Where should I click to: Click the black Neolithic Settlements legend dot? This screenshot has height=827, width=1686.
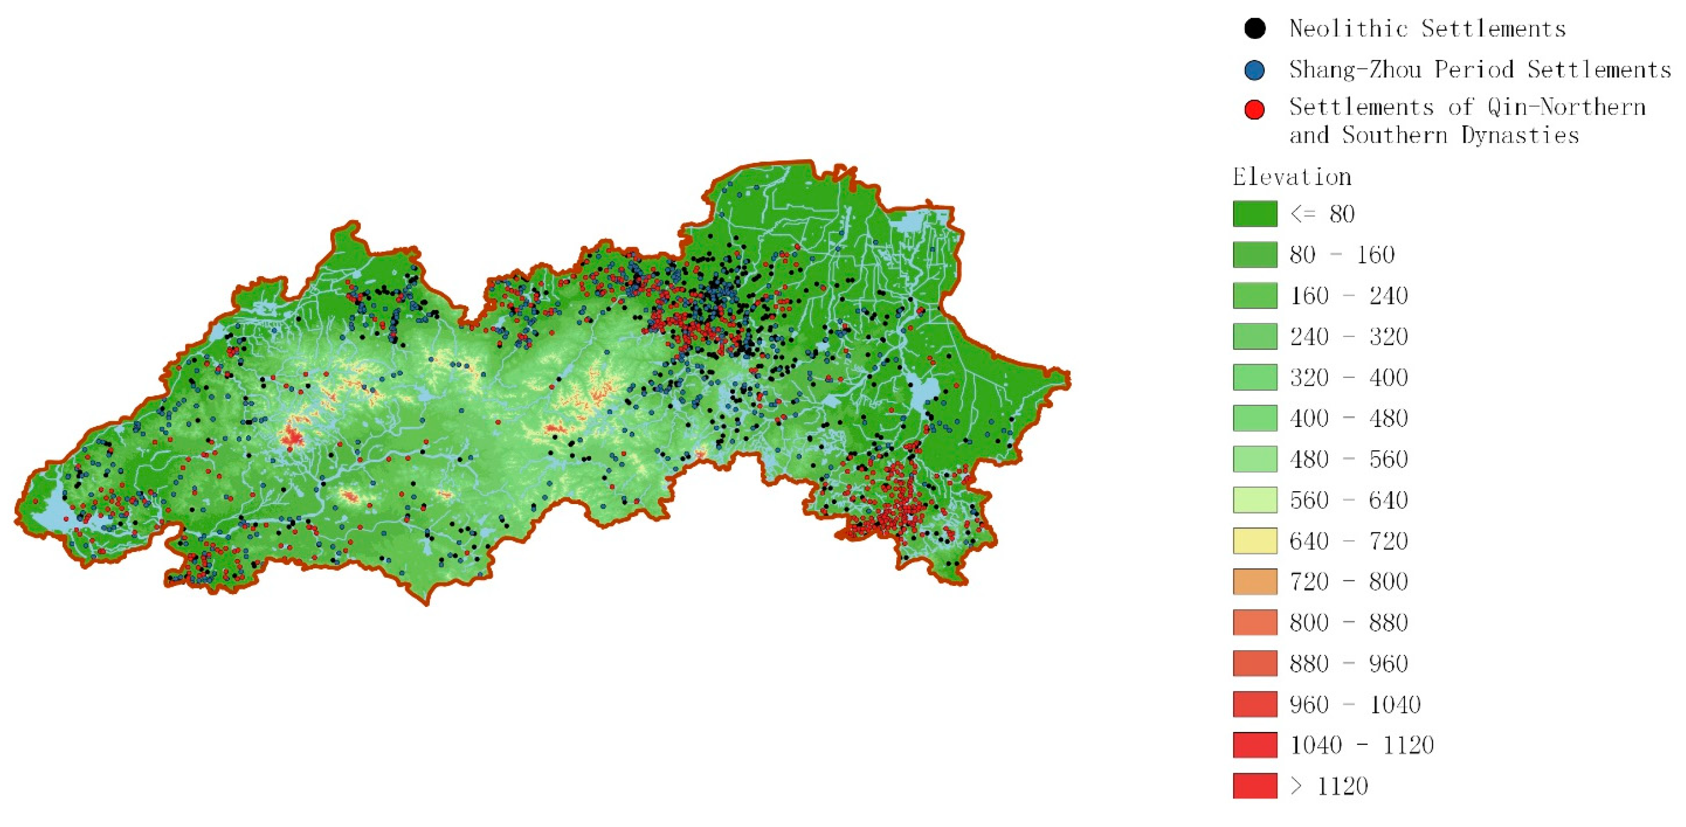point(1254,28)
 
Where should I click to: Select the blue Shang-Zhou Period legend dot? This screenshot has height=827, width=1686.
point(1254,70)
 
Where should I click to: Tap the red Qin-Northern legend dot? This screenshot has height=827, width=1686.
point(1254,109)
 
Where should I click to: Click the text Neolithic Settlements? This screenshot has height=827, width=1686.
point(1427,28)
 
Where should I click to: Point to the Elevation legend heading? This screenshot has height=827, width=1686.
point(1291,177)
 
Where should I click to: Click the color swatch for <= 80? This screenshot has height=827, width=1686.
point(1255,213)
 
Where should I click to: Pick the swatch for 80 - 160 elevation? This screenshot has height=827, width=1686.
point(1255,254)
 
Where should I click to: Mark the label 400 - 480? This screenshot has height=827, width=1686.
point(1348,418)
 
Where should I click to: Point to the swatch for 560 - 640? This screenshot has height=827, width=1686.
point(1255,500)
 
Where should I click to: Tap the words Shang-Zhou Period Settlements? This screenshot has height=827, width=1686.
point(1479,69)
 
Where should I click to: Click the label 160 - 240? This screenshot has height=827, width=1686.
point(1348,296)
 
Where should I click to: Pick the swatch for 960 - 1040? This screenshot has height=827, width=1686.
point(1255,704)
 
